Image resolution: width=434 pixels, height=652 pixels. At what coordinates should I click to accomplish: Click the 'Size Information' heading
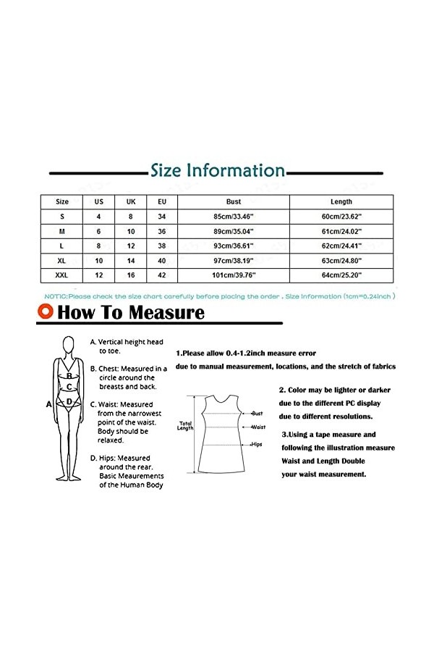tap(217, 171)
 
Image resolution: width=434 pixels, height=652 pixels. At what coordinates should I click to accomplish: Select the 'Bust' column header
tap(233, 201)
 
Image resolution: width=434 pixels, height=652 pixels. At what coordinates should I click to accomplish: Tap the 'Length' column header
tap(341, 201)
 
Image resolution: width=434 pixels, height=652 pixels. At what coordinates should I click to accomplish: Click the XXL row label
tap(62, 275)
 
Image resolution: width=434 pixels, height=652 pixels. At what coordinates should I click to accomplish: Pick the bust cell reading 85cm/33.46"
tap(233, 216)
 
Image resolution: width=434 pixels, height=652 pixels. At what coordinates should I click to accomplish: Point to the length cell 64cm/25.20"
tap(341, 275)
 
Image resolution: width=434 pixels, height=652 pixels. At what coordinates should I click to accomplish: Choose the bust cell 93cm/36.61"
tap(233, 246)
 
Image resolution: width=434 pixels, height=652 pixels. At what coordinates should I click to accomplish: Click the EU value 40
tap(162, 260)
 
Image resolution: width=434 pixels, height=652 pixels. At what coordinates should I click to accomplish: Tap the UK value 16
tap(131, 275)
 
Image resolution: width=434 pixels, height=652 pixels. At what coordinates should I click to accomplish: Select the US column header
tap(99, 201)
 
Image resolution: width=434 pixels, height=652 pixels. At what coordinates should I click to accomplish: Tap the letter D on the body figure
tap(69, 401)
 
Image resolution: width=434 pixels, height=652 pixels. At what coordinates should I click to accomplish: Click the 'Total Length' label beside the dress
tap(185, 425)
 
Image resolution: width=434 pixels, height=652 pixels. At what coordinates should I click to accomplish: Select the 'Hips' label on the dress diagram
tap(257, 443)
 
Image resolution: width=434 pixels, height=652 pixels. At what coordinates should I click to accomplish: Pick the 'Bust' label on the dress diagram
tap(257, 413)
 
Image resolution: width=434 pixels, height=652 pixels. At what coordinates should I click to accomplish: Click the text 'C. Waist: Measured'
tap(122, 404)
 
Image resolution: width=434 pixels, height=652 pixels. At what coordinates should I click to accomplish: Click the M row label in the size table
tap(62, 231)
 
